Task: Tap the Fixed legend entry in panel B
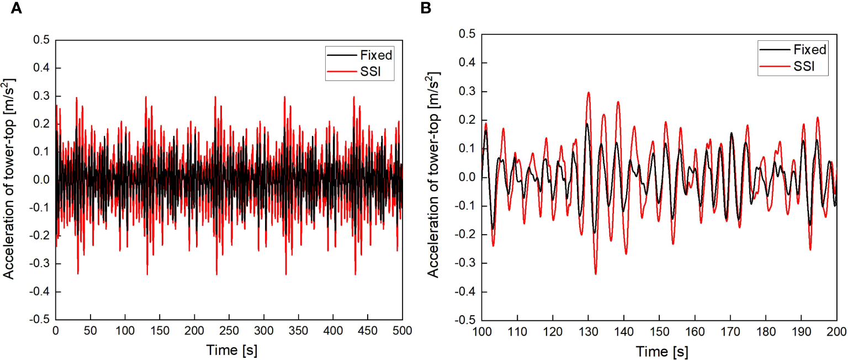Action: coord(810,50)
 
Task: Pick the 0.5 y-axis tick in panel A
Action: coord(41,40)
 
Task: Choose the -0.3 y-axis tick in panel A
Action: coord(39,263)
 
